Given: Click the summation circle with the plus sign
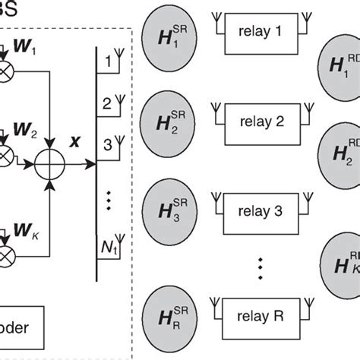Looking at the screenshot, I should (x=52, y=160).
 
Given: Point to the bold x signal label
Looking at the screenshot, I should (x=76, y=141).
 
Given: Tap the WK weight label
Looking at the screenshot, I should (x=25, y=228).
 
